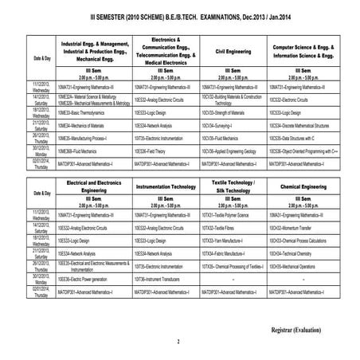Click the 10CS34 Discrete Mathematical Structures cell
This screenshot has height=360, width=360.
[303, 125]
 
